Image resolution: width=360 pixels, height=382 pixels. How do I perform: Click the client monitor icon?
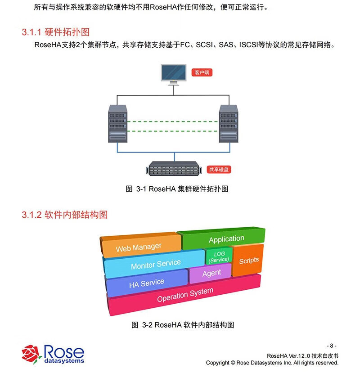coord(174,74)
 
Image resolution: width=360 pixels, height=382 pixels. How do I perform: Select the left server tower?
coord(117,123)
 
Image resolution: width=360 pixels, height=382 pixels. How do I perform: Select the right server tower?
coord(228,123)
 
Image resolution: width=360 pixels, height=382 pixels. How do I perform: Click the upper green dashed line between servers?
coord(173,121)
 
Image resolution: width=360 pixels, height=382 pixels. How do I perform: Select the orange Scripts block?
coord(248,260)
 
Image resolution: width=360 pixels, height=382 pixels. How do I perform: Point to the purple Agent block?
coord(211,274)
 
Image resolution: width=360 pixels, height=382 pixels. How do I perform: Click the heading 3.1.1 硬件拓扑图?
coord(55,32)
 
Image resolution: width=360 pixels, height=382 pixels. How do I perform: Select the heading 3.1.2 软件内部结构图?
coord(65,215)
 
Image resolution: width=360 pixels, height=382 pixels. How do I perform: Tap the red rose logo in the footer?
coord(32,354)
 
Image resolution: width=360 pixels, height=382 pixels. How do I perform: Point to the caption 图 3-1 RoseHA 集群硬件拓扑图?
coord(177,189)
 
